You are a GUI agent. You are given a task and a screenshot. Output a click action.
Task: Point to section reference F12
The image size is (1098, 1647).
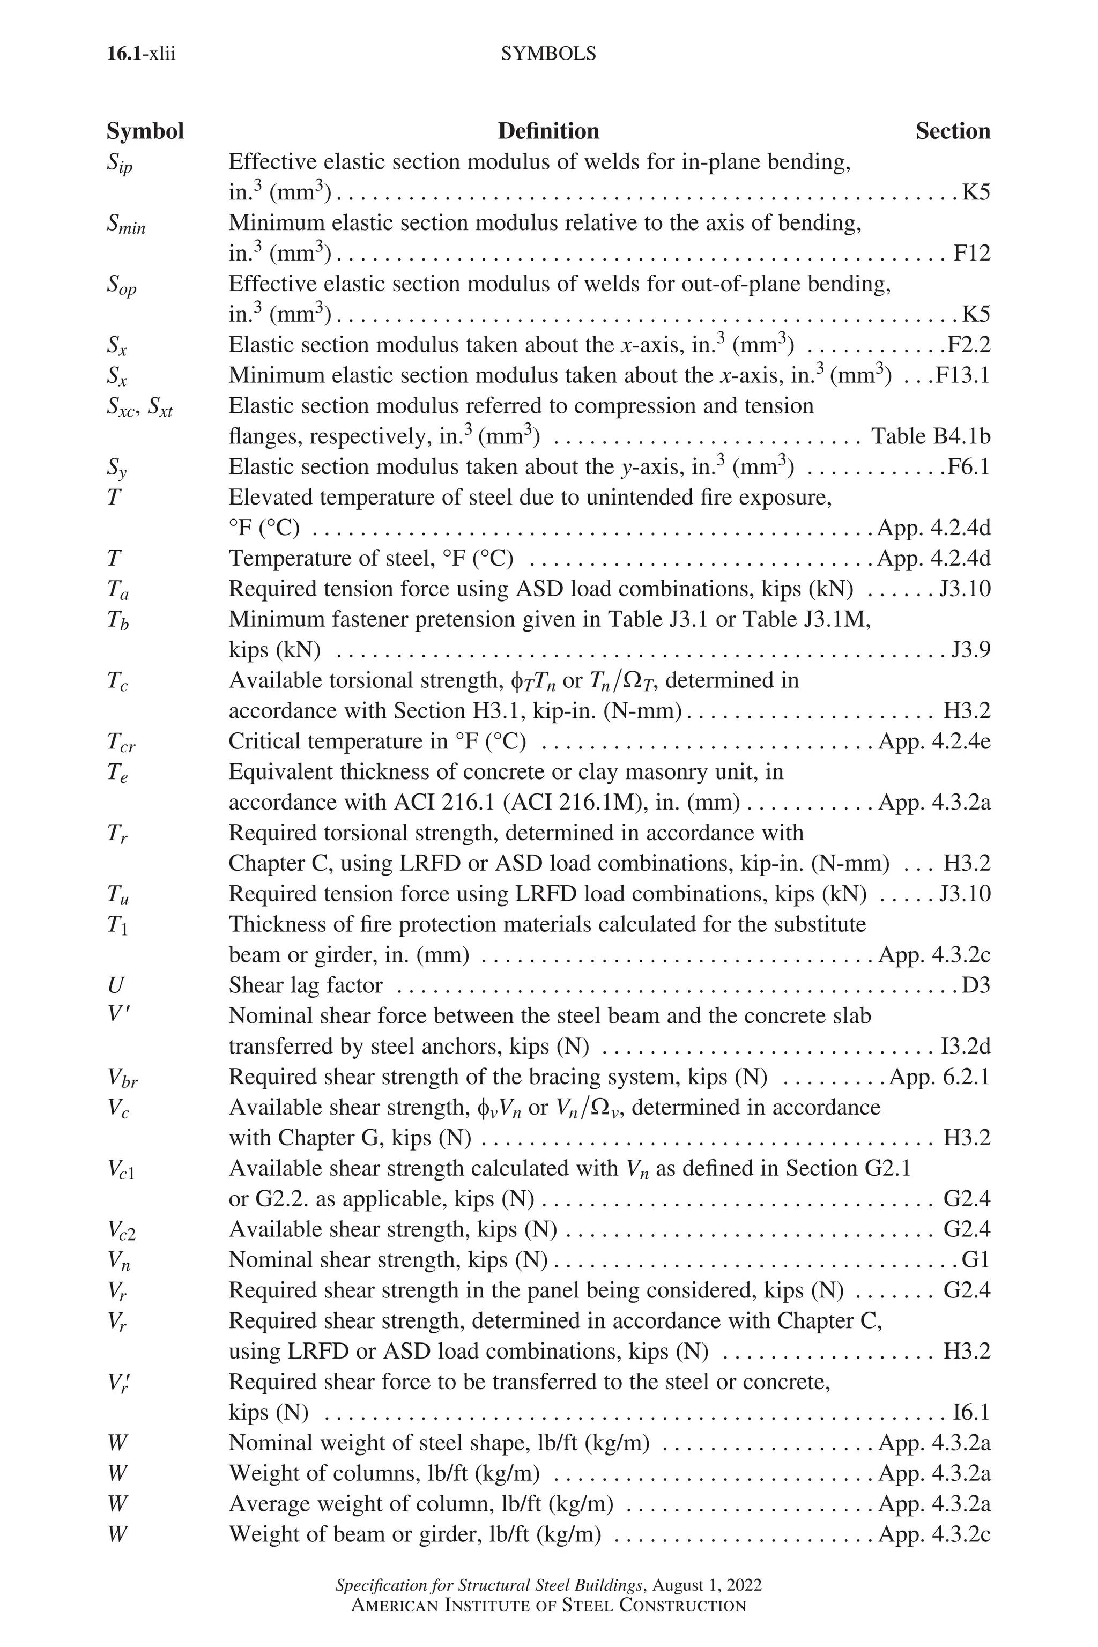click(x=972, y=254)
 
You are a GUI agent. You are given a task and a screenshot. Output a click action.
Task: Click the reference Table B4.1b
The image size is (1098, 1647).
click(x=930, y=436)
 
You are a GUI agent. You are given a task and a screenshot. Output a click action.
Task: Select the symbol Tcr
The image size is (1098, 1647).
click(x=121, y=742)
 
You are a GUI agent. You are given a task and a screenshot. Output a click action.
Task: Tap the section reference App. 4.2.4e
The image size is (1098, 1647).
click(x=934, y=741)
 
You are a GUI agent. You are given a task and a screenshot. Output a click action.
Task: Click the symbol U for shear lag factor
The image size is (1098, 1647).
click(x=116, y=985)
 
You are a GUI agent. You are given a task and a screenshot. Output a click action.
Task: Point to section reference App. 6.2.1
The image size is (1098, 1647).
click(x=939, y=1077)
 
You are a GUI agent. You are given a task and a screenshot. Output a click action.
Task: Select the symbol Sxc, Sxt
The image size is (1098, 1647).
click(x=139, y=407)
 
